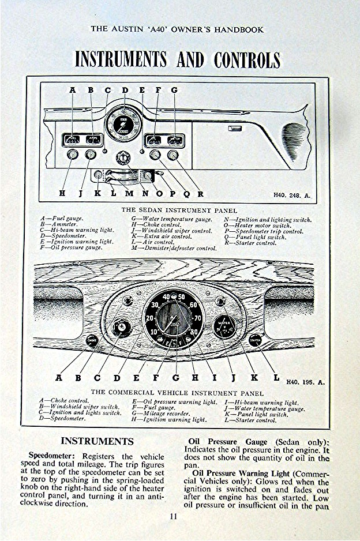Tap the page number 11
click(173, 516)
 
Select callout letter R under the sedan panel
click(200, 194)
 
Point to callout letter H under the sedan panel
click(62, 194)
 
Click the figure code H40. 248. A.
click(291, 196)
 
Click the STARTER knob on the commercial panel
click(255, 340)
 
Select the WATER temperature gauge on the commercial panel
click(224, 326)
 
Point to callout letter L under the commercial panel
click(276, 378)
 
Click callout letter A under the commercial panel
click(58, 378)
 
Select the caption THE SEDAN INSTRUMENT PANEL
click(179, 211)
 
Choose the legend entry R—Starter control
click(250, 243)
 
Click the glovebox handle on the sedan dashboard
click(234, 128)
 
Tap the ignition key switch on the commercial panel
click(121, 328)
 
